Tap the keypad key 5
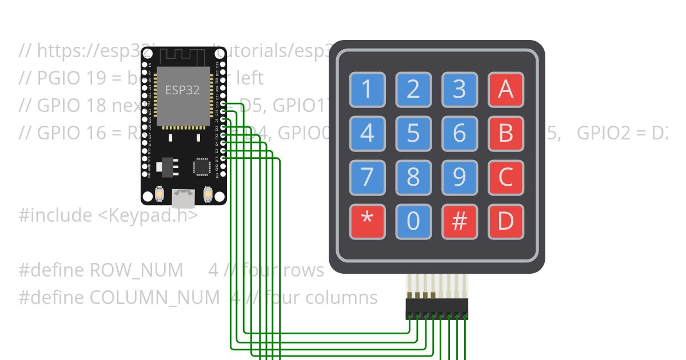413,133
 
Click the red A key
505,89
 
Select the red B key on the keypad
505,133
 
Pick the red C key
505,177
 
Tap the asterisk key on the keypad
367,221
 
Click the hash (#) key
460,221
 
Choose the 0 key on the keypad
413,221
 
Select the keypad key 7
367,177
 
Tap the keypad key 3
460,89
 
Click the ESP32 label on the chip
182,90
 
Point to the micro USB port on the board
184,198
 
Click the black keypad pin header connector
437,309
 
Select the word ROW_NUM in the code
137,270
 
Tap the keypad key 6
460,133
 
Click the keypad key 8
413,177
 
